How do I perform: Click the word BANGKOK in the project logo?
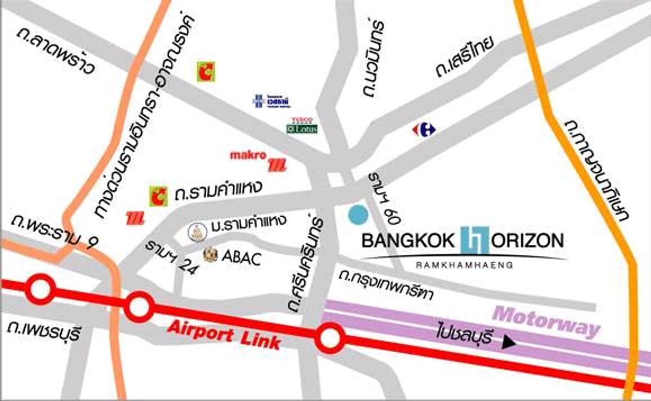point(410,241)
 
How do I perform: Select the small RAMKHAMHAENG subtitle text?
point(463,265)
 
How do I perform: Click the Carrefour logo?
point(424,130)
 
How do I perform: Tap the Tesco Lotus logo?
point(302,126)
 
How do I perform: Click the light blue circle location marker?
point(358,215)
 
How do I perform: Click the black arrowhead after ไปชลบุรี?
point(508,342)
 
